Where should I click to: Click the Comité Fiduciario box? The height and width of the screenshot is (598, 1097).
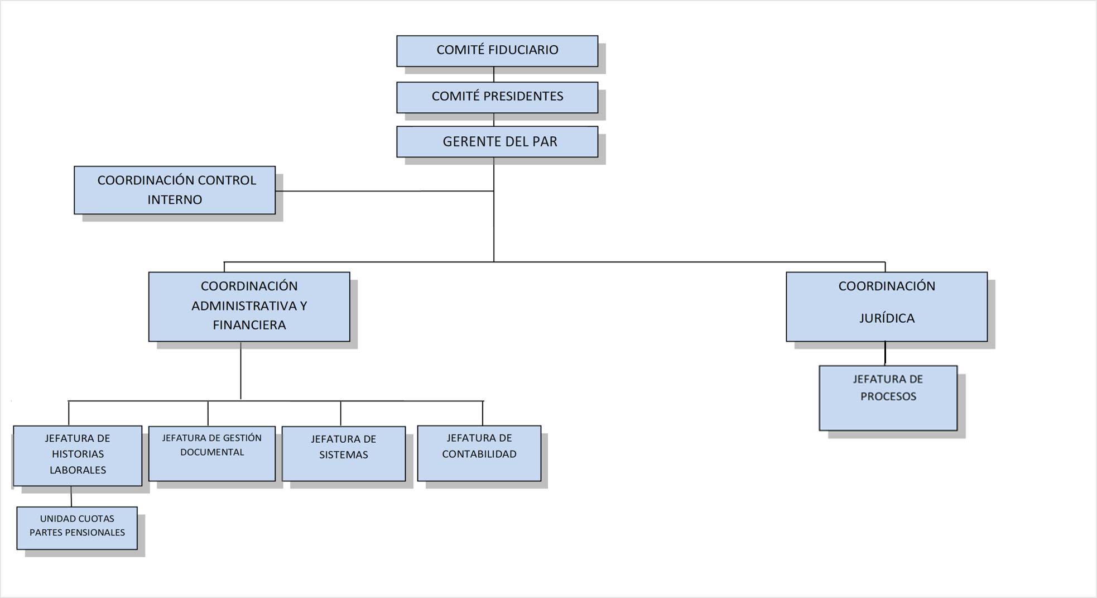[497, 51]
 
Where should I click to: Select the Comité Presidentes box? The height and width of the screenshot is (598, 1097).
[497, 97]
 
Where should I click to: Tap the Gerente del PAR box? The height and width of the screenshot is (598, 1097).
[497, 142]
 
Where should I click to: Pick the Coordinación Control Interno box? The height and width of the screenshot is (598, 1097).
[175, 190]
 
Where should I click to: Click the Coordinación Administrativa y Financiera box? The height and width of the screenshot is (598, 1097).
[249, 307]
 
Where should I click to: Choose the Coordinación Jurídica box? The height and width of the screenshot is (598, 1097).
[887, 307]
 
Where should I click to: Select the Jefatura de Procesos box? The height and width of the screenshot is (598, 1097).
[888, 398]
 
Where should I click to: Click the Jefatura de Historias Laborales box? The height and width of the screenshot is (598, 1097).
[78, 456]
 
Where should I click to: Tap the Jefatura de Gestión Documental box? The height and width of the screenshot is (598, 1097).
[212, 453]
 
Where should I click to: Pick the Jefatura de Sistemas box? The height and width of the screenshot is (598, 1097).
[344, 453]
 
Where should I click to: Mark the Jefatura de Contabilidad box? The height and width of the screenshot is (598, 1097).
[479, 453]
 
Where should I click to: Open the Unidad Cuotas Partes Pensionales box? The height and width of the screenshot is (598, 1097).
[77, 528]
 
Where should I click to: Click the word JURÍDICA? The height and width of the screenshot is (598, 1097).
[887, 318]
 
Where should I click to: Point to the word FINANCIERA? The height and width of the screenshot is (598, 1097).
[249, 325]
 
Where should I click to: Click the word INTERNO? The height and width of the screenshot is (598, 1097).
[175, 200]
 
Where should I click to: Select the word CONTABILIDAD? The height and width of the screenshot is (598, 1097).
[479, 454]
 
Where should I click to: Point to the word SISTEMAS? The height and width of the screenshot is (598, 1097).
[344, 455]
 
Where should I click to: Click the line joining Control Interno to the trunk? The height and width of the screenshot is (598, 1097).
[384, 191]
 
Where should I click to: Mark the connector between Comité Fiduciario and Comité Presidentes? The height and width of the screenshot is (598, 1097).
[494, 74]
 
